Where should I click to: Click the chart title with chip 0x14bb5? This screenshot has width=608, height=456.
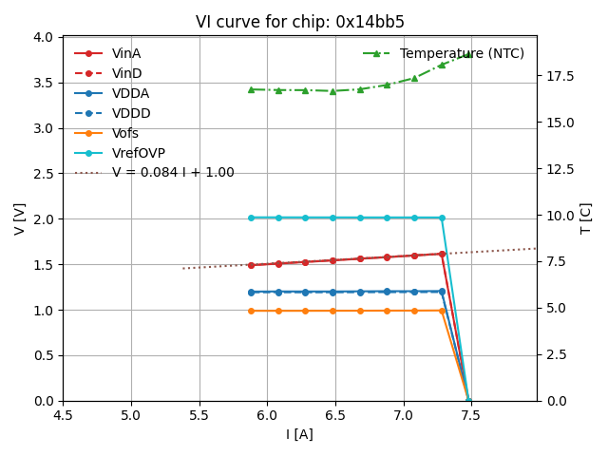[300, 22]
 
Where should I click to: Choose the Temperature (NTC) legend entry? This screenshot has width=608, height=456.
[462, 53]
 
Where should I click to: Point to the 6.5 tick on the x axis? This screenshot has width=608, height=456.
[335, 416]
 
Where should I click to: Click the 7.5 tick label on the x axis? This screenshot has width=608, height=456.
[471, 416]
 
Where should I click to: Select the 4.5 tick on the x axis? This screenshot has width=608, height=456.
[63, 416]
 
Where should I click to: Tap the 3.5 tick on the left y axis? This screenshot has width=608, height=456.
[44, 83]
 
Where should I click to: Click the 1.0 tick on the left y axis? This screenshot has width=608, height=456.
[44, 310]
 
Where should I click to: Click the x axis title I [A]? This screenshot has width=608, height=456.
[299, 435]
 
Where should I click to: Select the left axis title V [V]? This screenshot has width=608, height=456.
[20, 218]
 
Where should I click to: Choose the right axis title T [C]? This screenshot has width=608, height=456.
[586, 218]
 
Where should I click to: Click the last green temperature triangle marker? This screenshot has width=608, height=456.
[468, 54]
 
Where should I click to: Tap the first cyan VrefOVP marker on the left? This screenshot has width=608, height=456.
[251, 218]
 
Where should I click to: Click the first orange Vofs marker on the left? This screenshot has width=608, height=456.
[251, 311]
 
